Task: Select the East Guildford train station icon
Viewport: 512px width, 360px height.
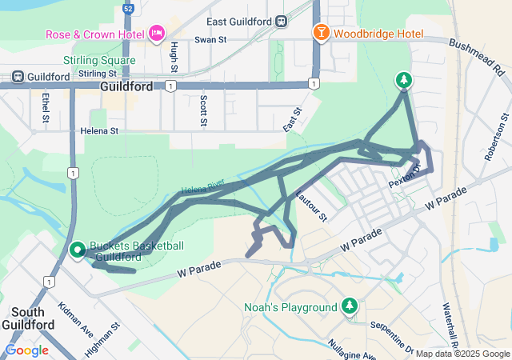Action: coord(281,22)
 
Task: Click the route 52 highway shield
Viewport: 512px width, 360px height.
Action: coord(128,9)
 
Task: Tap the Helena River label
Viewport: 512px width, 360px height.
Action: coord(203,188)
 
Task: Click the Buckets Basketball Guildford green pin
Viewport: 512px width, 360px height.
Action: coord(78,250)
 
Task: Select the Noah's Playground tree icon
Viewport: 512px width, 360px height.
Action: coord(349,306)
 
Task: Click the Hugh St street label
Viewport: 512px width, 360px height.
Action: coord(174,58)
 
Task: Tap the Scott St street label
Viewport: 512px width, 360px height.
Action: coord(203,110)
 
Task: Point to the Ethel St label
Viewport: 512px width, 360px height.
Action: coord(45,108)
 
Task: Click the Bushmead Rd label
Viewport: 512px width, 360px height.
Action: coord(477,58)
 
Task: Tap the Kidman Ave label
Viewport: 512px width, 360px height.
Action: coord(76,320)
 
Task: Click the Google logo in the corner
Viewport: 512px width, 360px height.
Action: coord(26,350)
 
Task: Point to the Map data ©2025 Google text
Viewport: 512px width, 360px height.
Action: coord(462,354)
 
